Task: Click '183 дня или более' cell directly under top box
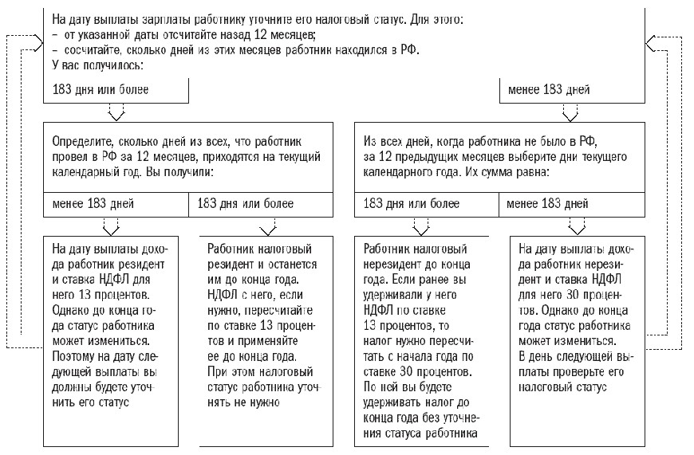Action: [x=100, y=89]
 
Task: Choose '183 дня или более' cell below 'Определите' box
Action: [x=246, y=204]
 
